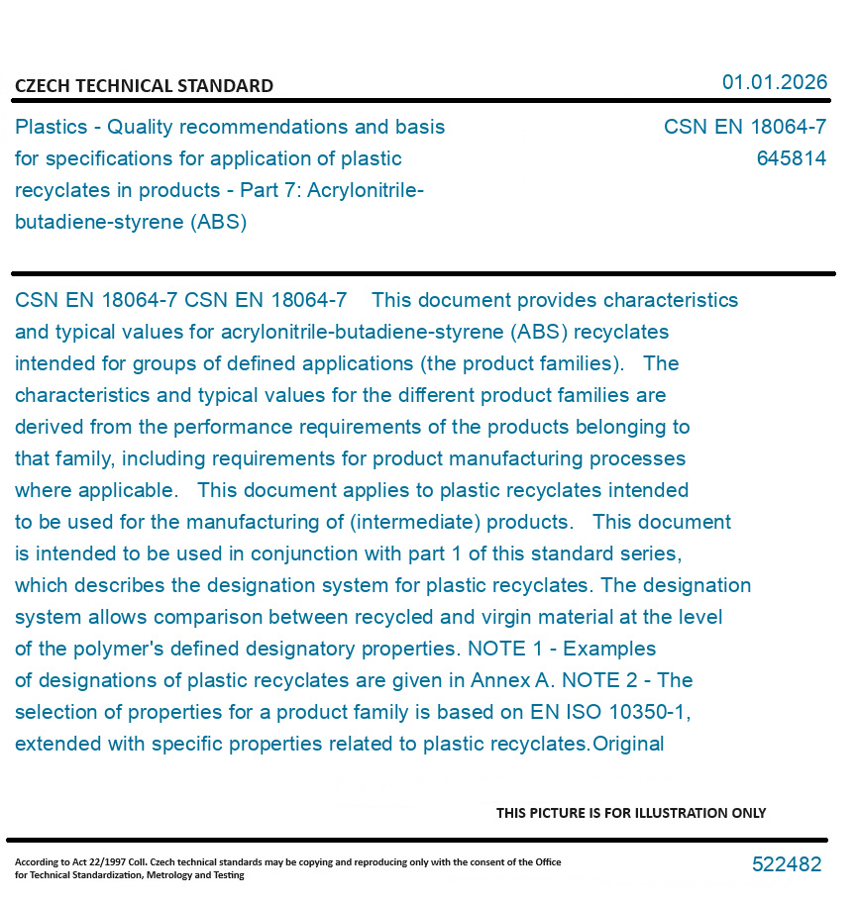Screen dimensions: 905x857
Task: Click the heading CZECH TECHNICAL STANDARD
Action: [x=144, y=86]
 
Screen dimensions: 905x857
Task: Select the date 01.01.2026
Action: [x=774, y=82]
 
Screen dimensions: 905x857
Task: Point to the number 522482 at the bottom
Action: [x=787, y=864]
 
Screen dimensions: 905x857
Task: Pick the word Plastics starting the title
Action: [x=51, y=128]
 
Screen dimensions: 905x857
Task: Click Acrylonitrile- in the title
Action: [x=366, y=190]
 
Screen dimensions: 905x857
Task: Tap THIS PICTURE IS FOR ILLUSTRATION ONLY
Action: [x=631, y=813]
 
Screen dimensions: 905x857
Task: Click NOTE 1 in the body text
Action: [x=504, y=650]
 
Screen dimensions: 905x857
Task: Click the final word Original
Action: [x=628, y=745]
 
